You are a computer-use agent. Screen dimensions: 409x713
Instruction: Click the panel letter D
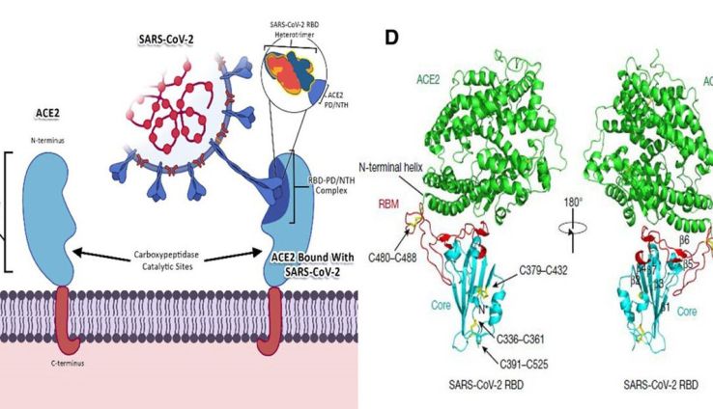click(392, 38)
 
